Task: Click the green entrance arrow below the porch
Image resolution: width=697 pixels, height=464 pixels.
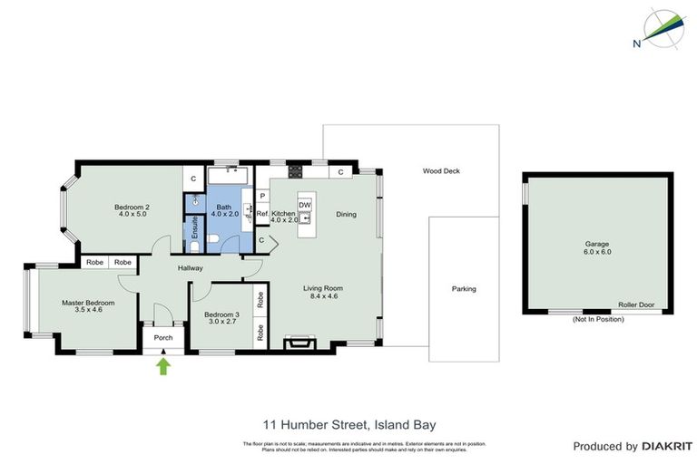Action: point(163,365)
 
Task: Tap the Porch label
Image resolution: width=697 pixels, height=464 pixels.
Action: point(163,338)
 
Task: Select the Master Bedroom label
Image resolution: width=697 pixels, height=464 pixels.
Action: point(88,303)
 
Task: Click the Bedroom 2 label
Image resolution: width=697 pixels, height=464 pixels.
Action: point(132,208)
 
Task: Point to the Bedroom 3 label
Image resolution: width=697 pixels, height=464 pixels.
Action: point(221,314)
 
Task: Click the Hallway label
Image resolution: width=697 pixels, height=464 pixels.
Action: point(190,268)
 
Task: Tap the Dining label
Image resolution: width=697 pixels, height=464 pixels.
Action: point(346,215)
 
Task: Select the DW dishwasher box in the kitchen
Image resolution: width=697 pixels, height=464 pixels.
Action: point(305,205)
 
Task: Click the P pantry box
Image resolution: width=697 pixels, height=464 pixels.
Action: point(262,196)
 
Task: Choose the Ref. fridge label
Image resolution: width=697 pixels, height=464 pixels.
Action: point(261,215)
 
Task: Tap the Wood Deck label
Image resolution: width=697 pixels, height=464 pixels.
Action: point(441,171)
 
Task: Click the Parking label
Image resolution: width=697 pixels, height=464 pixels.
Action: point(464,289)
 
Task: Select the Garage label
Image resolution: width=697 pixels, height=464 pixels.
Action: point(598,244)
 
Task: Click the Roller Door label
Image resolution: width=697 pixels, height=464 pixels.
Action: point(635,305)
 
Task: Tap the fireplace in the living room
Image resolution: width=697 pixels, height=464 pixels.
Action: point(296,342)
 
